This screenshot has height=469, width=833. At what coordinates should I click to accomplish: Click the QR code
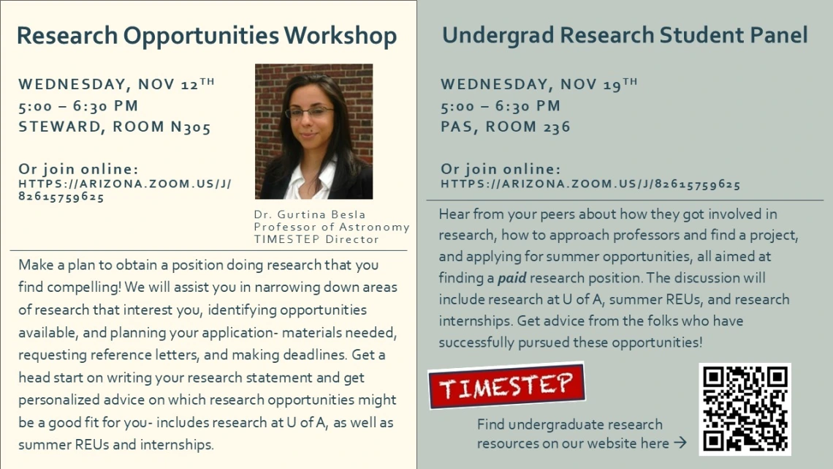(745, 409)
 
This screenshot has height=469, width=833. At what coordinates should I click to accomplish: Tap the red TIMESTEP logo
(506, 386)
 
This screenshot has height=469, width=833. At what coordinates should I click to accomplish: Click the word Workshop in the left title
(341, 35)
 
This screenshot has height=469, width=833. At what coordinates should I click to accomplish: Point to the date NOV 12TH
(176, 84)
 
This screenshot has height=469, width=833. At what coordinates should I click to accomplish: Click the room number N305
(191, 127)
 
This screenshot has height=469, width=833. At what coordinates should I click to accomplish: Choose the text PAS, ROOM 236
(506, 127)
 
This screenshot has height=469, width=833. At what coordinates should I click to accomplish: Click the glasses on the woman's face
(309, 113)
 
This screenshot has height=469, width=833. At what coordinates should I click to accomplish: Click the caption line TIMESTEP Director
(316, 239)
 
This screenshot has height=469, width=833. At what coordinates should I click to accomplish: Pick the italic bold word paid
(511, 279)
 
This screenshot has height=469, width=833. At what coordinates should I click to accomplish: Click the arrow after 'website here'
(680, 443)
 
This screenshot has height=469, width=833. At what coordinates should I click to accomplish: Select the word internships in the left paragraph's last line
(181, 444)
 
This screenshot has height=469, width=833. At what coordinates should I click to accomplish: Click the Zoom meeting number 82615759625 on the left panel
(61, 197)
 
